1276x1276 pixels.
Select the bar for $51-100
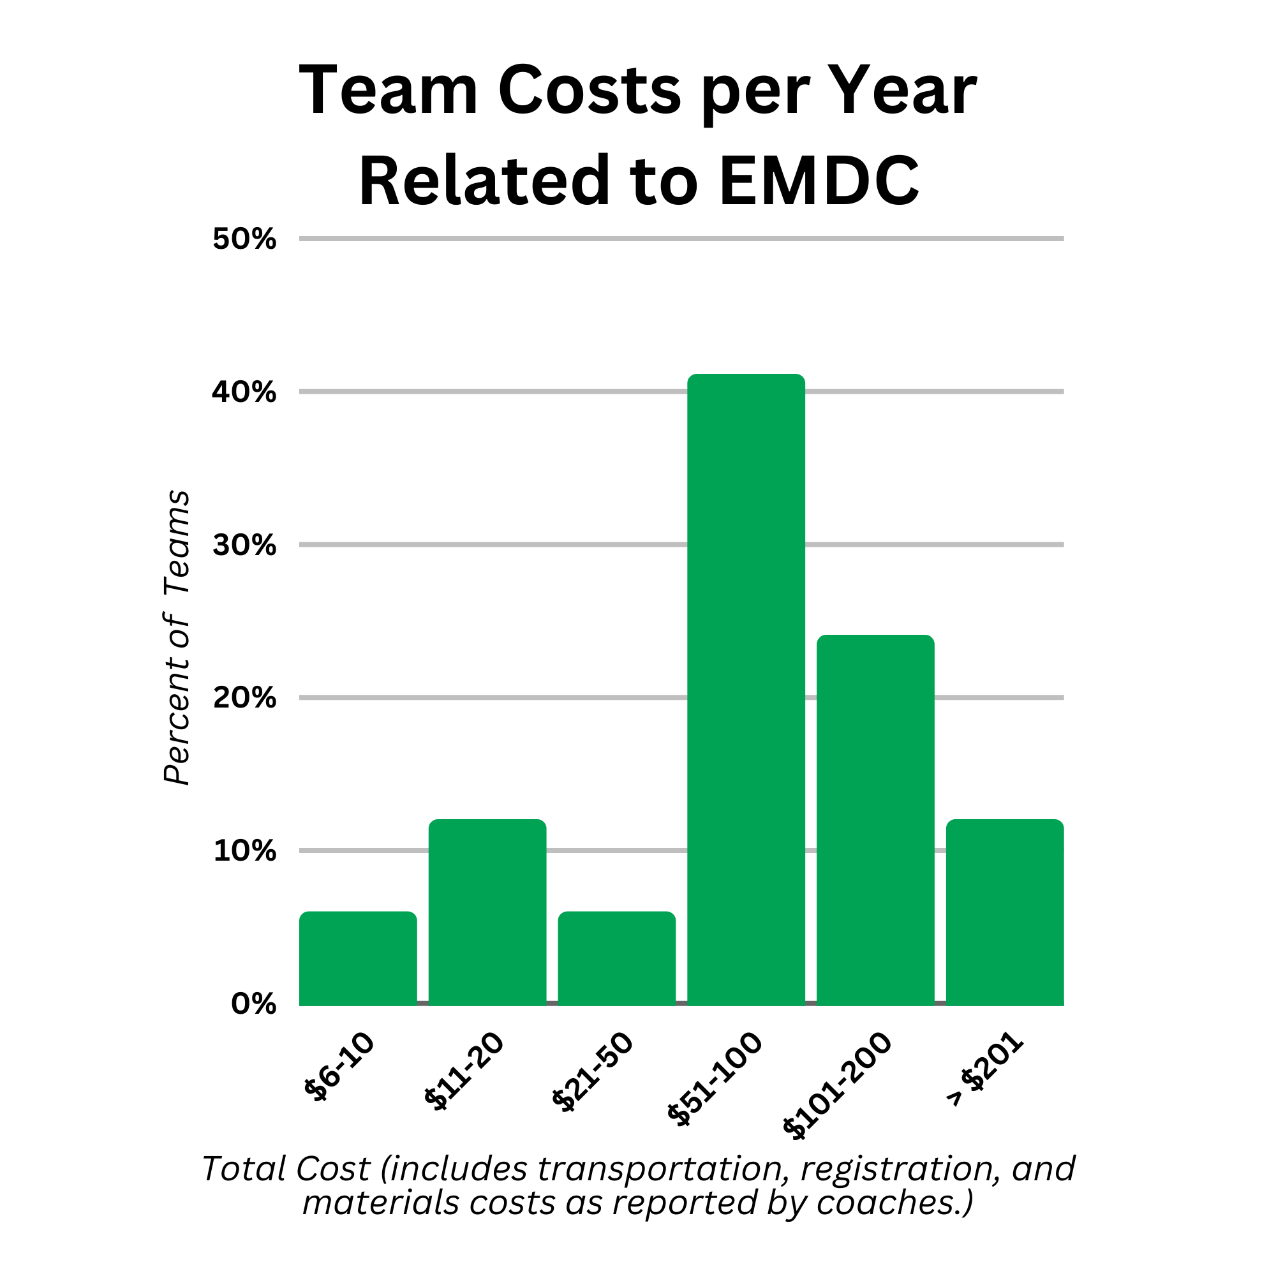tap(746, 690)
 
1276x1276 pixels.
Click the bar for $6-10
tap(358, 959)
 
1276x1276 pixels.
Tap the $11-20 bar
tap(487, 913)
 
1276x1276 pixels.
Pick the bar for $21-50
tap(617, 959)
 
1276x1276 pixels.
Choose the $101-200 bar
tap(875, 820)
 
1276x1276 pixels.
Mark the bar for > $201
tap(1005, 913)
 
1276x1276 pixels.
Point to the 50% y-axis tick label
tap(244, 239)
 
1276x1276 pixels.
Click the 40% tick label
tap(244, 392)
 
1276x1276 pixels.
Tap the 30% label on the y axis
tap(244, 545)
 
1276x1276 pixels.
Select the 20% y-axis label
tap(244, 698)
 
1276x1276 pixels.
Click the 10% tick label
tap(244, 851)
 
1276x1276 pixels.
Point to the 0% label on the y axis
tap(254, 1004)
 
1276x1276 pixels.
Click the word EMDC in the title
tap(819, 181)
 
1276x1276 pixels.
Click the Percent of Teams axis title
tap(176, 638)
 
